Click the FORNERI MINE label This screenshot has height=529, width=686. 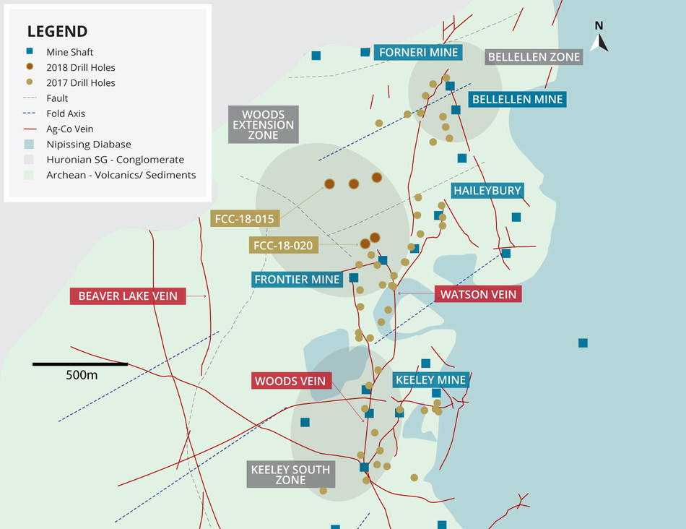point(419,53)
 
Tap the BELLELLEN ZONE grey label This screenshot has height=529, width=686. point(534,57)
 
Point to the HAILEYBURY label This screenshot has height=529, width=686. point(487,191)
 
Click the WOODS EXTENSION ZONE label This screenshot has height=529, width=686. point(263,124)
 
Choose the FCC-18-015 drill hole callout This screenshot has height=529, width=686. point(244,218)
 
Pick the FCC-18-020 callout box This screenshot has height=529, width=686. point(283,246)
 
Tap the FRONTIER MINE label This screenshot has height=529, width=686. point(297,280)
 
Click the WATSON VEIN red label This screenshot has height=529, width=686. point(479,294)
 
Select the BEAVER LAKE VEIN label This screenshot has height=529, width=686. point(128,296)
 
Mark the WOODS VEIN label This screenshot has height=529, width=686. point(291,381)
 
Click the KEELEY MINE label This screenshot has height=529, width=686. point(430,379)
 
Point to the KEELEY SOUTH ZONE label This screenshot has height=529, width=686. point(290,475)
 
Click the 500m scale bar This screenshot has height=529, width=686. point(80,364)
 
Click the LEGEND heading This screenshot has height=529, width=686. point(57,31)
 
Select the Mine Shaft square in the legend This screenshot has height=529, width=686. point(30,52)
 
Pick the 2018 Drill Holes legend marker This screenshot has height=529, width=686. point(30,67)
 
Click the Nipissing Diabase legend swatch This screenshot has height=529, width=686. point(30,144)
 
